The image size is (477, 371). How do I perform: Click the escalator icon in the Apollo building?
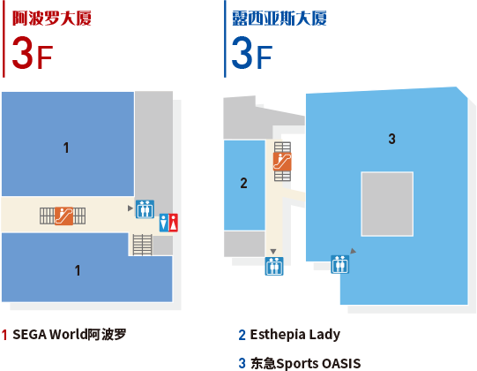pos(63,216)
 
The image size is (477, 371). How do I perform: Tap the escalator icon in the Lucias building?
pos(282,162)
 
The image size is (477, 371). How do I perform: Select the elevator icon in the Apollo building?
pos(145,209)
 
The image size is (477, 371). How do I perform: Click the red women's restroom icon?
pos(174,223)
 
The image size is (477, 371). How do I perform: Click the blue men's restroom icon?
pos(164,223)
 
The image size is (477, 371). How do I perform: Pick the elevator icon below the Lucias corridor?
pos(274,266)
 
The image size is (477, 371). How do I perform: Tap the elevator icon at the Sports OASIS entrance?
pos(339,264)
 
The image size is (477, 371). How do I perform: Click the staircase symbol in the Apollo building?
pos(142,245)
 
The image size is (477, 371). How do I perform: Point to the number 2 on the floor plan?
pos(243,183)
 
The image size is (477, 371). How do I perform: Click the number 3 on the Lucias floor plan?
pos(391,139)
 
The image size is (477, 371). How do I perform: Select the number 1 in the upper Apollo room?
pos(66,148)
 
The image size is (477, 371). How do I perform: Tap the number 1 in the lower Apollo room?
pos(78,270)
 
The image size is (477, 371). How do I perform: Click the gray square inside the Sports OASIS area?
pos(387,204)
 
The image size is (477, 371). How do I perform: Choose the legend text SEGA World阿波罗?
pos(70,335)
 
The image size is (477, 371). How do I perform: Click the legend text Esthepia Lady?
pos(295,335)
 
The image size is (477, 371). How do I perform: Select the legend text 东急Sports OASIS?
pos(305,363)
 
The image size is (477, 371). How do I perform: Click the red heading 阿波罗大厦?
pos(52,19)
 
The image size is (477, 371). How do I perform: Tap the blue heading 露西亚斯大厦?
pos(279,19)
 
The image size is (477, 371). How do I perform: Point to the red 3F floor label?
pos(33,53)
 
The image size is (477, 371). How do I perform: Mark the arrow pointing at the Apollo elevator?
pos(130,208)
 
